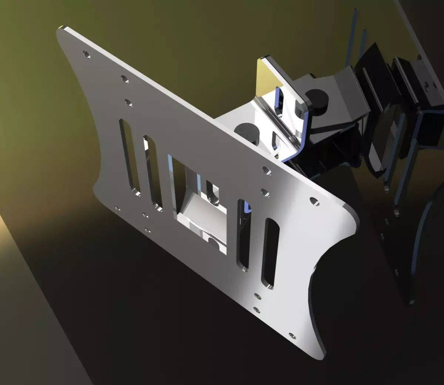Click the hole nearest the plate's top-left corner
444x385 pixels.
click(87, 55)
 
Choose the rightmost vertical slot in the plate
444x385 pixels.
click(271, 253)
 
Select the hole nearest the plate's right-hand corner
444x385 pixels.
click(314, 201)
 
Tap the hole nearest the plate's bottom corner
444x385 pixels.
click(292, 336)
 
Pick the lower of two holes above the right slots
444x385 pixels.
click(265, 192)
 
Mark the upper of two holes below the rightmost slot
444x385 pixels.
click(257, 296)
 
